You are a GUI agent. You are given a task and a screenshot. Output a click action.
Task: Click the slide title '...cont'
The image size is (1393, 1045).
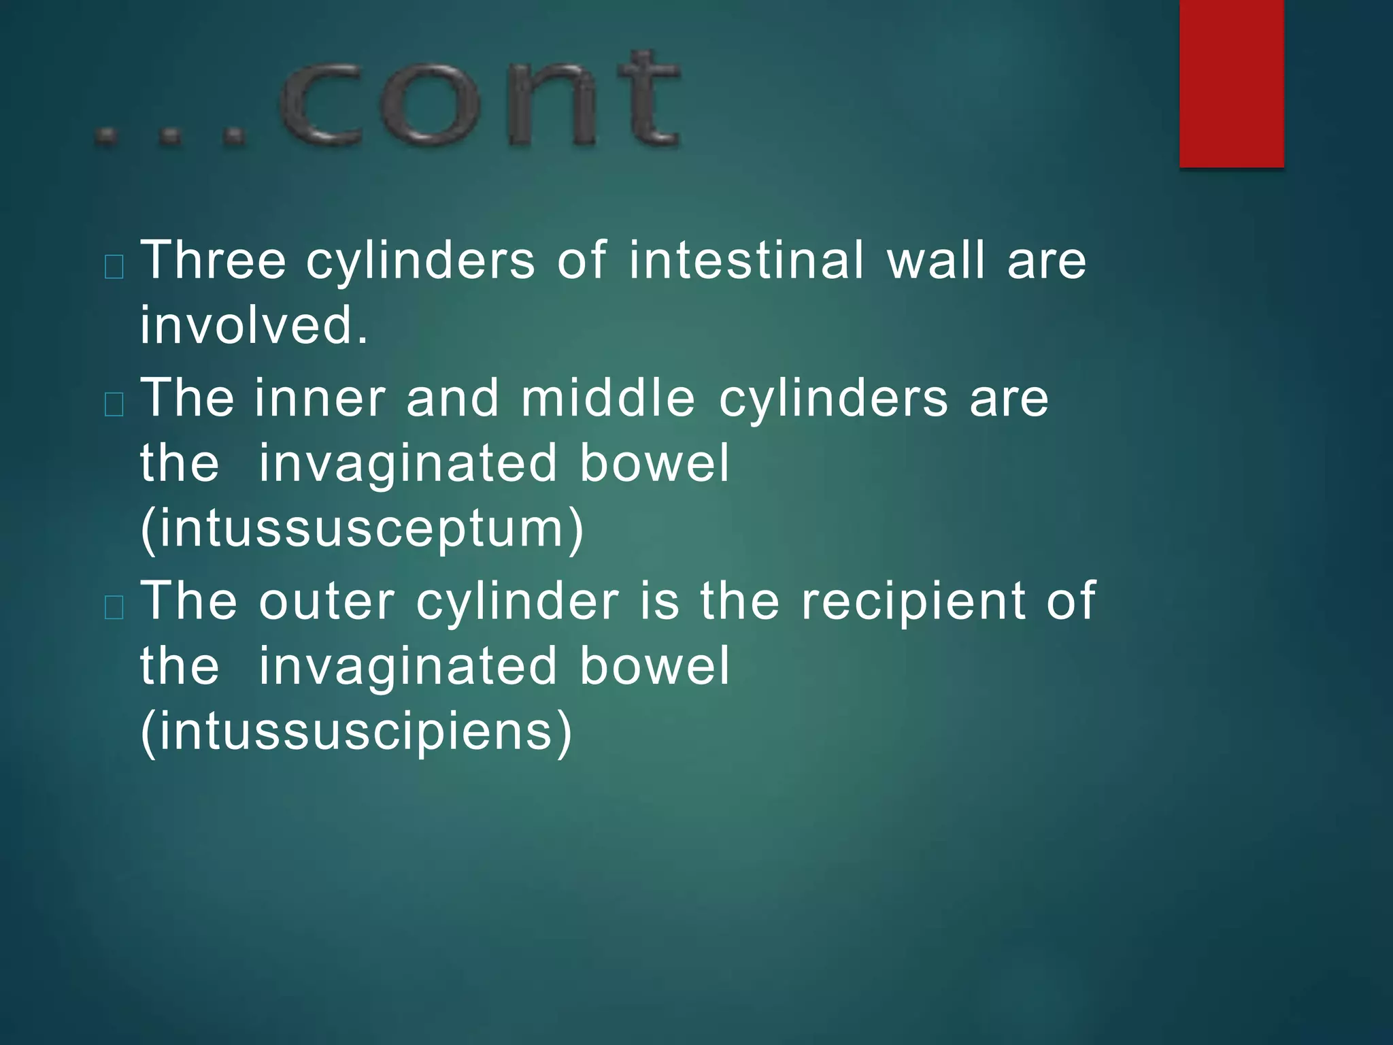click(x=388, y=101)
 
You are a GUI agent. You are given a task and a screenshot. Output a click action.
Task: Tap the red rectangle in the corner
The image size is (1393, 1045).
click(x=1231, y=83)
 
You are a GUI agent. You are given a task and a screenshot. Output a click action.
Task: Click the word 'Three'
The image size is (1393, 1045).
click(x=213, y=260)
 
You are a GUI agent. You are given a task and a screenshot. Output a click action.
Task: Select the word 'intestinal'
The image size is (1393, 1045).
click(x=746, y=260)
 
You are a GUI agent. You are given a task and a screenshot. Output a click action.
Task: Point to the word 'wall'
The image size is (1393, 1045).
click(x=936, y=260)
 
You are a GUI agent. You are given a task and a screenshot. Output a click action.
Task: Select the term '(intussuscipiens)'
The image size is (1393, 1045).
click(x=356, y=732)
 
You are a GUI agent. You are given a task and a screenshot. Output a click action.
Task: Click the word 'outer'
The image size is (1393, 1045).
click(x=326, y=601)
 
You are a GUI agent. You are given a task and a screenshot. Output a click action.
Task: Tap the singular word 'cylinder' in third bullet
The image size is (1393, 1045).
click(x=517, y=603)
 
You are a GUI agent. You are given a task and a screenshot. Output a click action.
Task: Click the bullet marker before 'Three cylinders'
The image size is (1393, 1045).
click(x=114, y=267)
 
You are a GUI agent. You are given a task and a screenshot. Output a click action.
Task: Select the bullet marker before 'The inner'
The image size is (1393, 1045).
click(x=114, y=405)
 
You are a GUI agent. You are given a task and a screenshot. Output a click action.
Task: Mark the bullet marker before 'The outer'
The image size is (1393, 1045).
click(x=114, y=607)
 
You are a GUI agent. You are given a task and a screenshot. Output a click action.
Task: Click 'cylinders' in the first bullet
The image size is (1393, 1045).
click(x=420, y=261)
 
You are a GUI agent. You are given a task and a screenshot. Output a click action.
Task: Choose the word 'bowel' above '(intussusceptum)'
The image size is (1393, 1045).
click(x=654, y=463)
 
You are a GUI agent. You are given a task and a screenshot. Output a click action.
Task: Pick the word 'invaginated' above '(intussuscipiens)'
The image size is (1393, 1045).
click(x=408, y=667)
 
